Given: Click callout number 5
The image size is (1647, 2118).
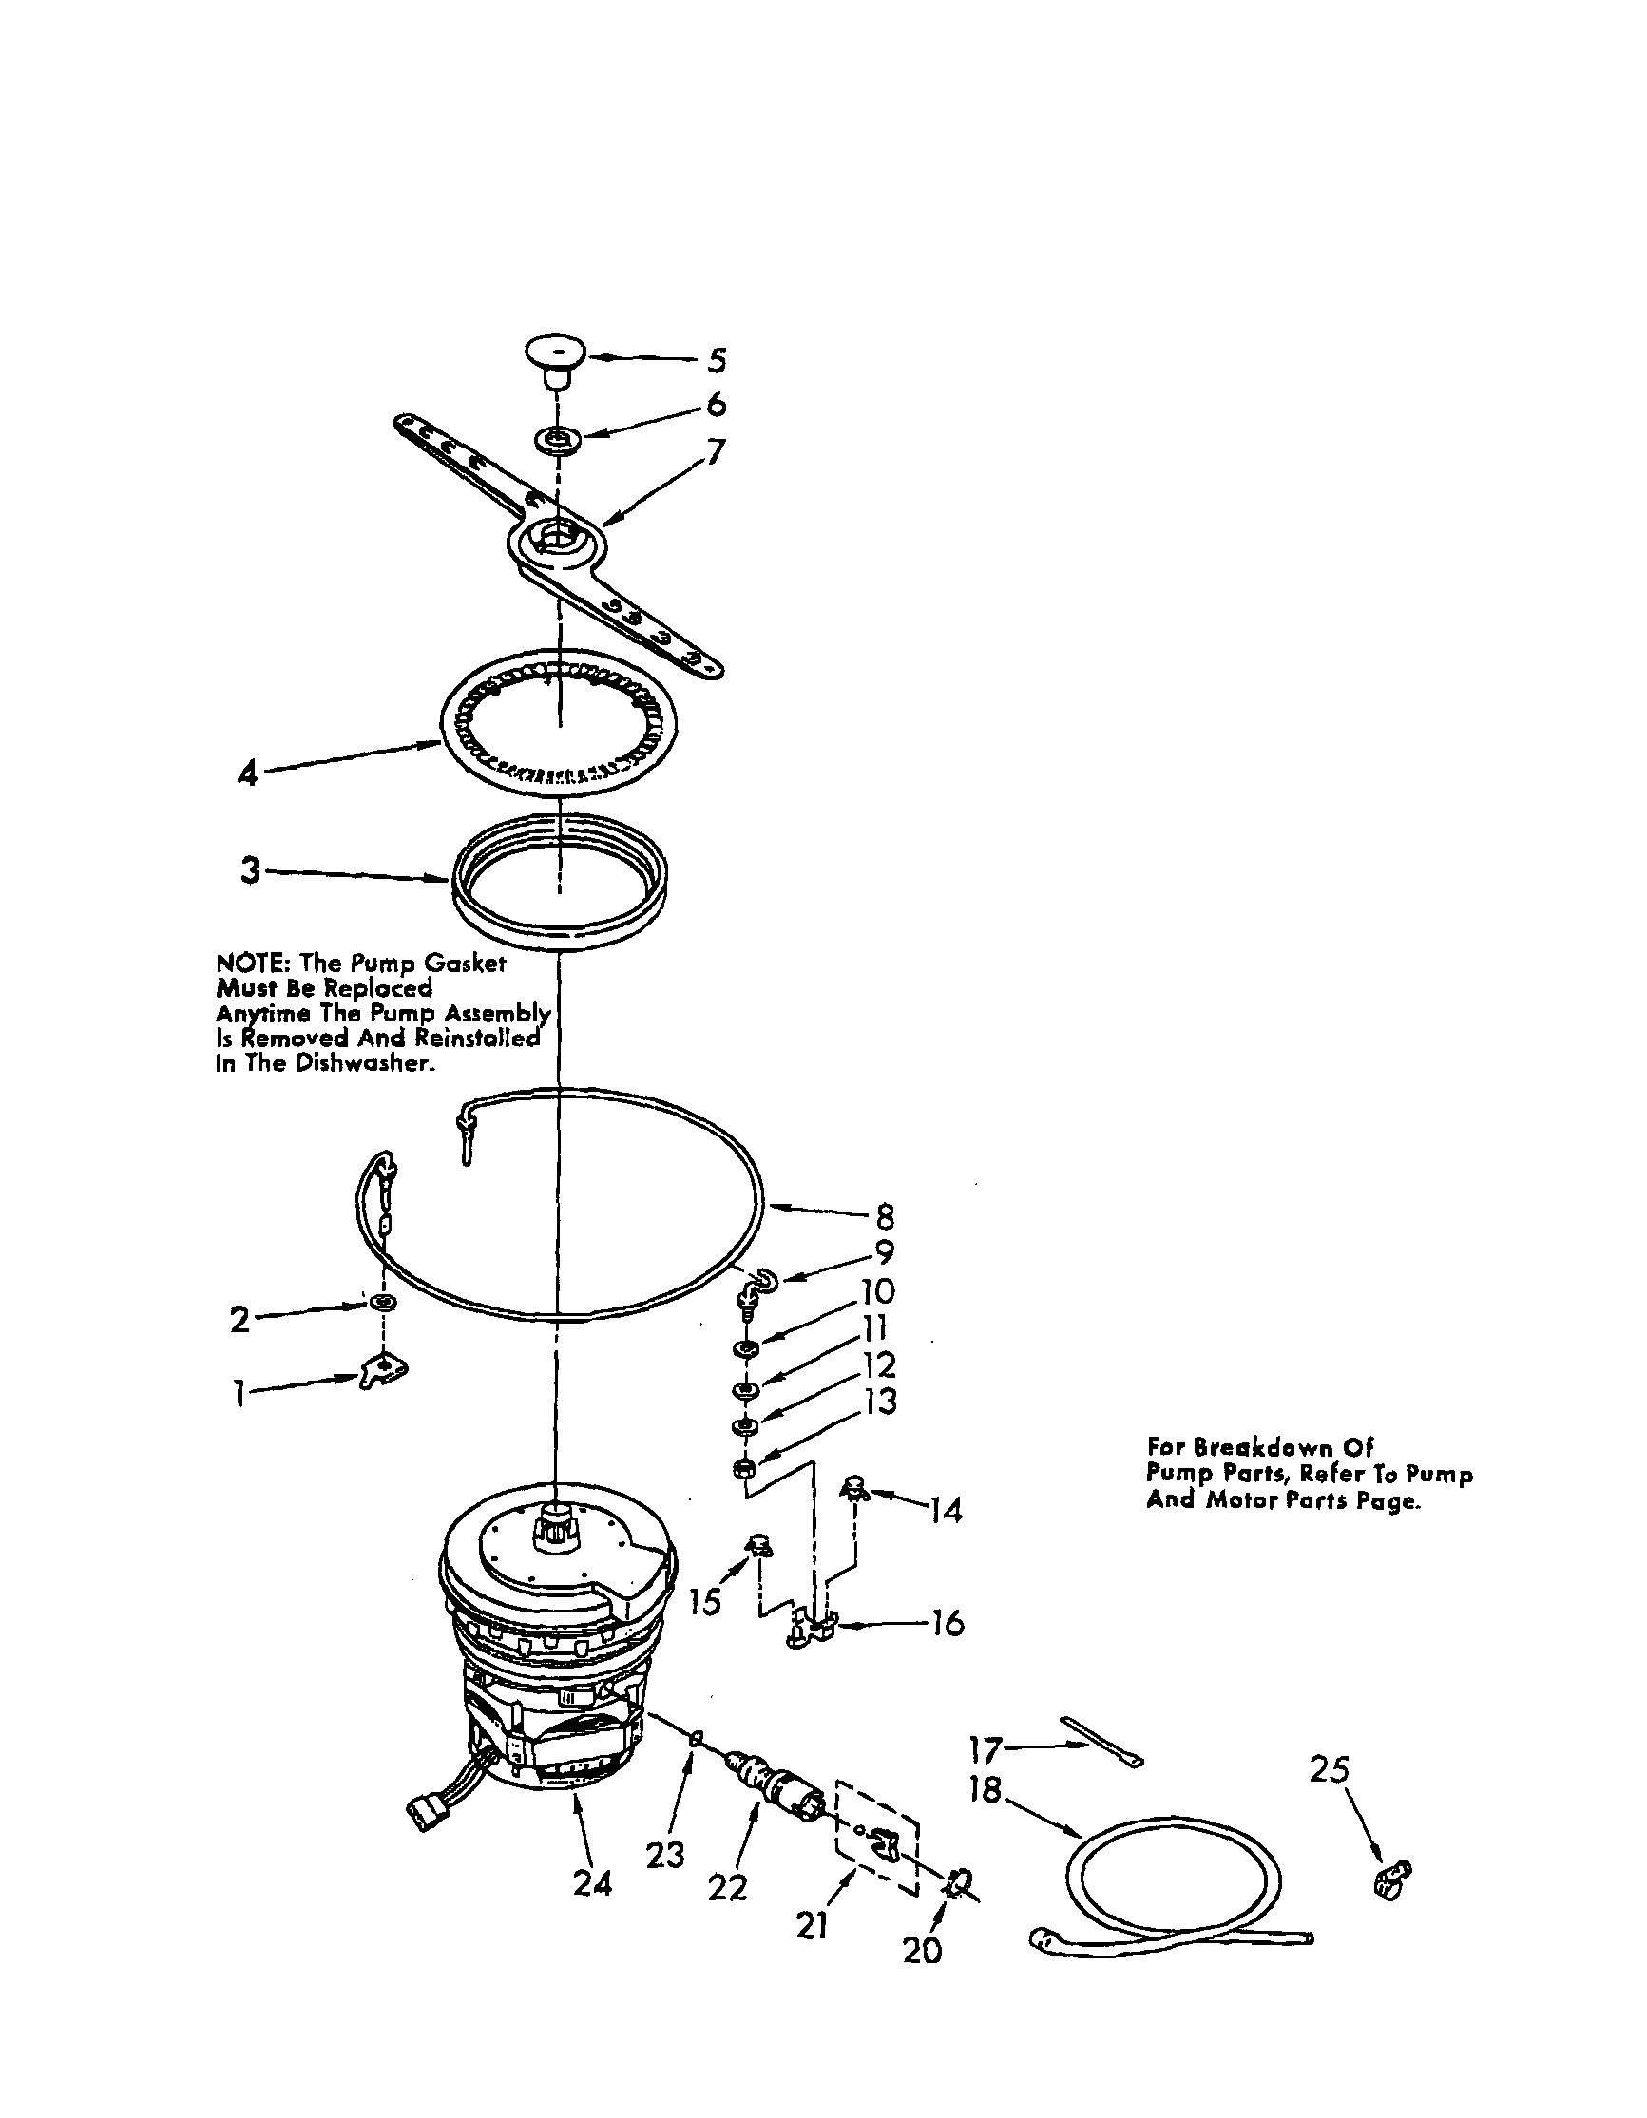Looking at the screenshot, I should [716, 360].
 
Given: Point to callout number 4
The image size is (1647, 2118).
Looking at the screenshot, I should [248, 773].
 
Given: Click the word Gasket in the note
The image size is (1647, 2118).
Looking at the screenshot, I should [469, 963].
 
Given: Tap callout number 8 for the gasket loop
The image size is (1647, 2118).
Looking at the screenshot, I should [884, 1216].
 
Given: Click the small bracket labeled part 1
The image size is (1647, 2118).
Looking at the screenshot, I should [385, 1370].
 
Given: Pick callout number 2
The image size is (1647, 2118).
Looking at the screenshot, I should [239, 1319].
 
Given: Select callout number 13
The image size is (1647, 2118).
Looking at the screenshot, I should [882, 1402].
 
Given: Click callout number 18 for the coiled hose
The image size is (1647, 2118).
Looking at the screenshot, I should [986, 1790].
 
